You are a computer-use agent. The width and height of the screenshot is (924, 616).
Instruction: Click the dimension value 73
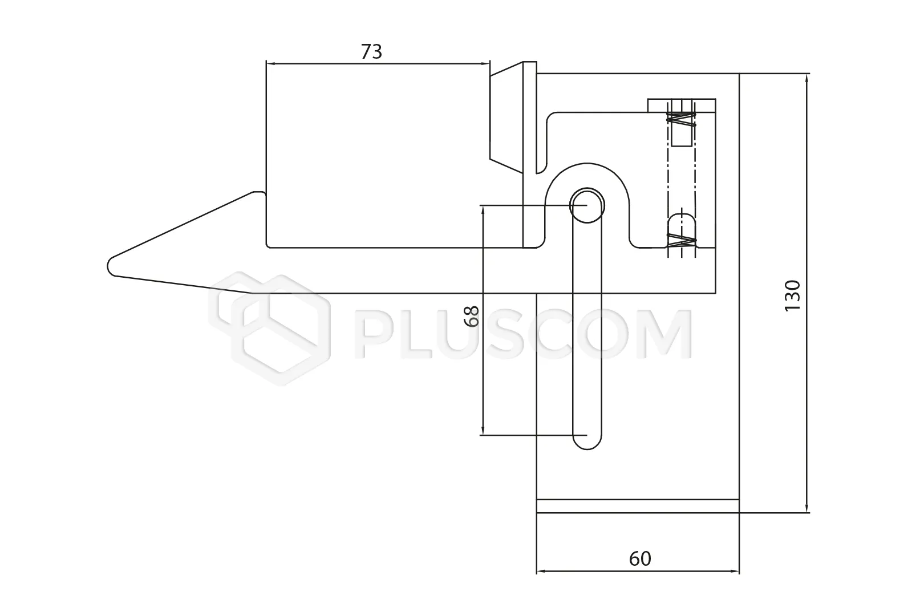371,52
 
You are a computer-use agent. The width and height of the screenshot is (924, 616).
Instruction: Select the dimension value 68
472,317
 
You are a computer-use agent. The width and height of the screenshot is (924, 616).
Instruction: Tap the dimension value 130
792,295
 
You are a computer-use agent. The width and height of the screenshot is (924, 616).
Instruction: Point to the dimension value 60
640,558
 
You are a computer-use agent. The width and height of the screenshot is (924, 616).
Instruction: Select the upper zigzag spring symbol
682,119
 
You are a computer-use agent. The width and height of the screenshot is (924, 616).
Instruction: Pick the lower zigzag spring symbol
682,241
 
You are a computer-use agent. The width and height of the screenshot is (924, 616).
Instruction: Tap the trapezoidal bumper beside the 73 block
506,117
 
